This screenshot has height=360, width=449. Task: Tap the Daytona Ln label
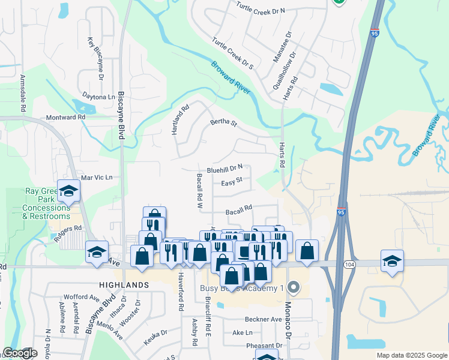click(98, 97)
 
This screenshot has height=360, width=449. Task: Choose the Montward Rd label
click(65, 118)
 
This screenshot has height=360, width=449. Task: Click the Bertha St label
click(224, 124)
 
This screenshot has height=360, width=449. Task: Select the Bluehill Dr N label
click(224, 170)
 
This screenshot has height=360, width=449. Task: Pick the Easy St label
click(231, 182)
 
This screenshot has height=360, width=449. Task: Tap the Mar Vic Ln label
click(96, 178)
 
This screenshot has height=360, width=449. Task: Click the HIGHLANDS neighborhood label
click(124, 284)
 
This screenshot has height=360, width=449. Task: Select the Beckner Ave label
click(263, 319)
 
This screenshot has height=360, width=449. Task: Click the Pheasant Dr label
click(264, 346)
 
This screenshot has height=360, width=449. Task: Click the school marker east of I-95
click(392, 261)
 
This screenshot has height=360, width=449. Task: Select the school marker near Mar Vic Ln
click(68, 191)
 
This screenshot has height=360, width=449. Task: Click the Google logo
click(20, 353)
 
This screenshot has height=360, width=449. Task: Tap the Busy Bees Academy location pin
click(293, 288)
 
